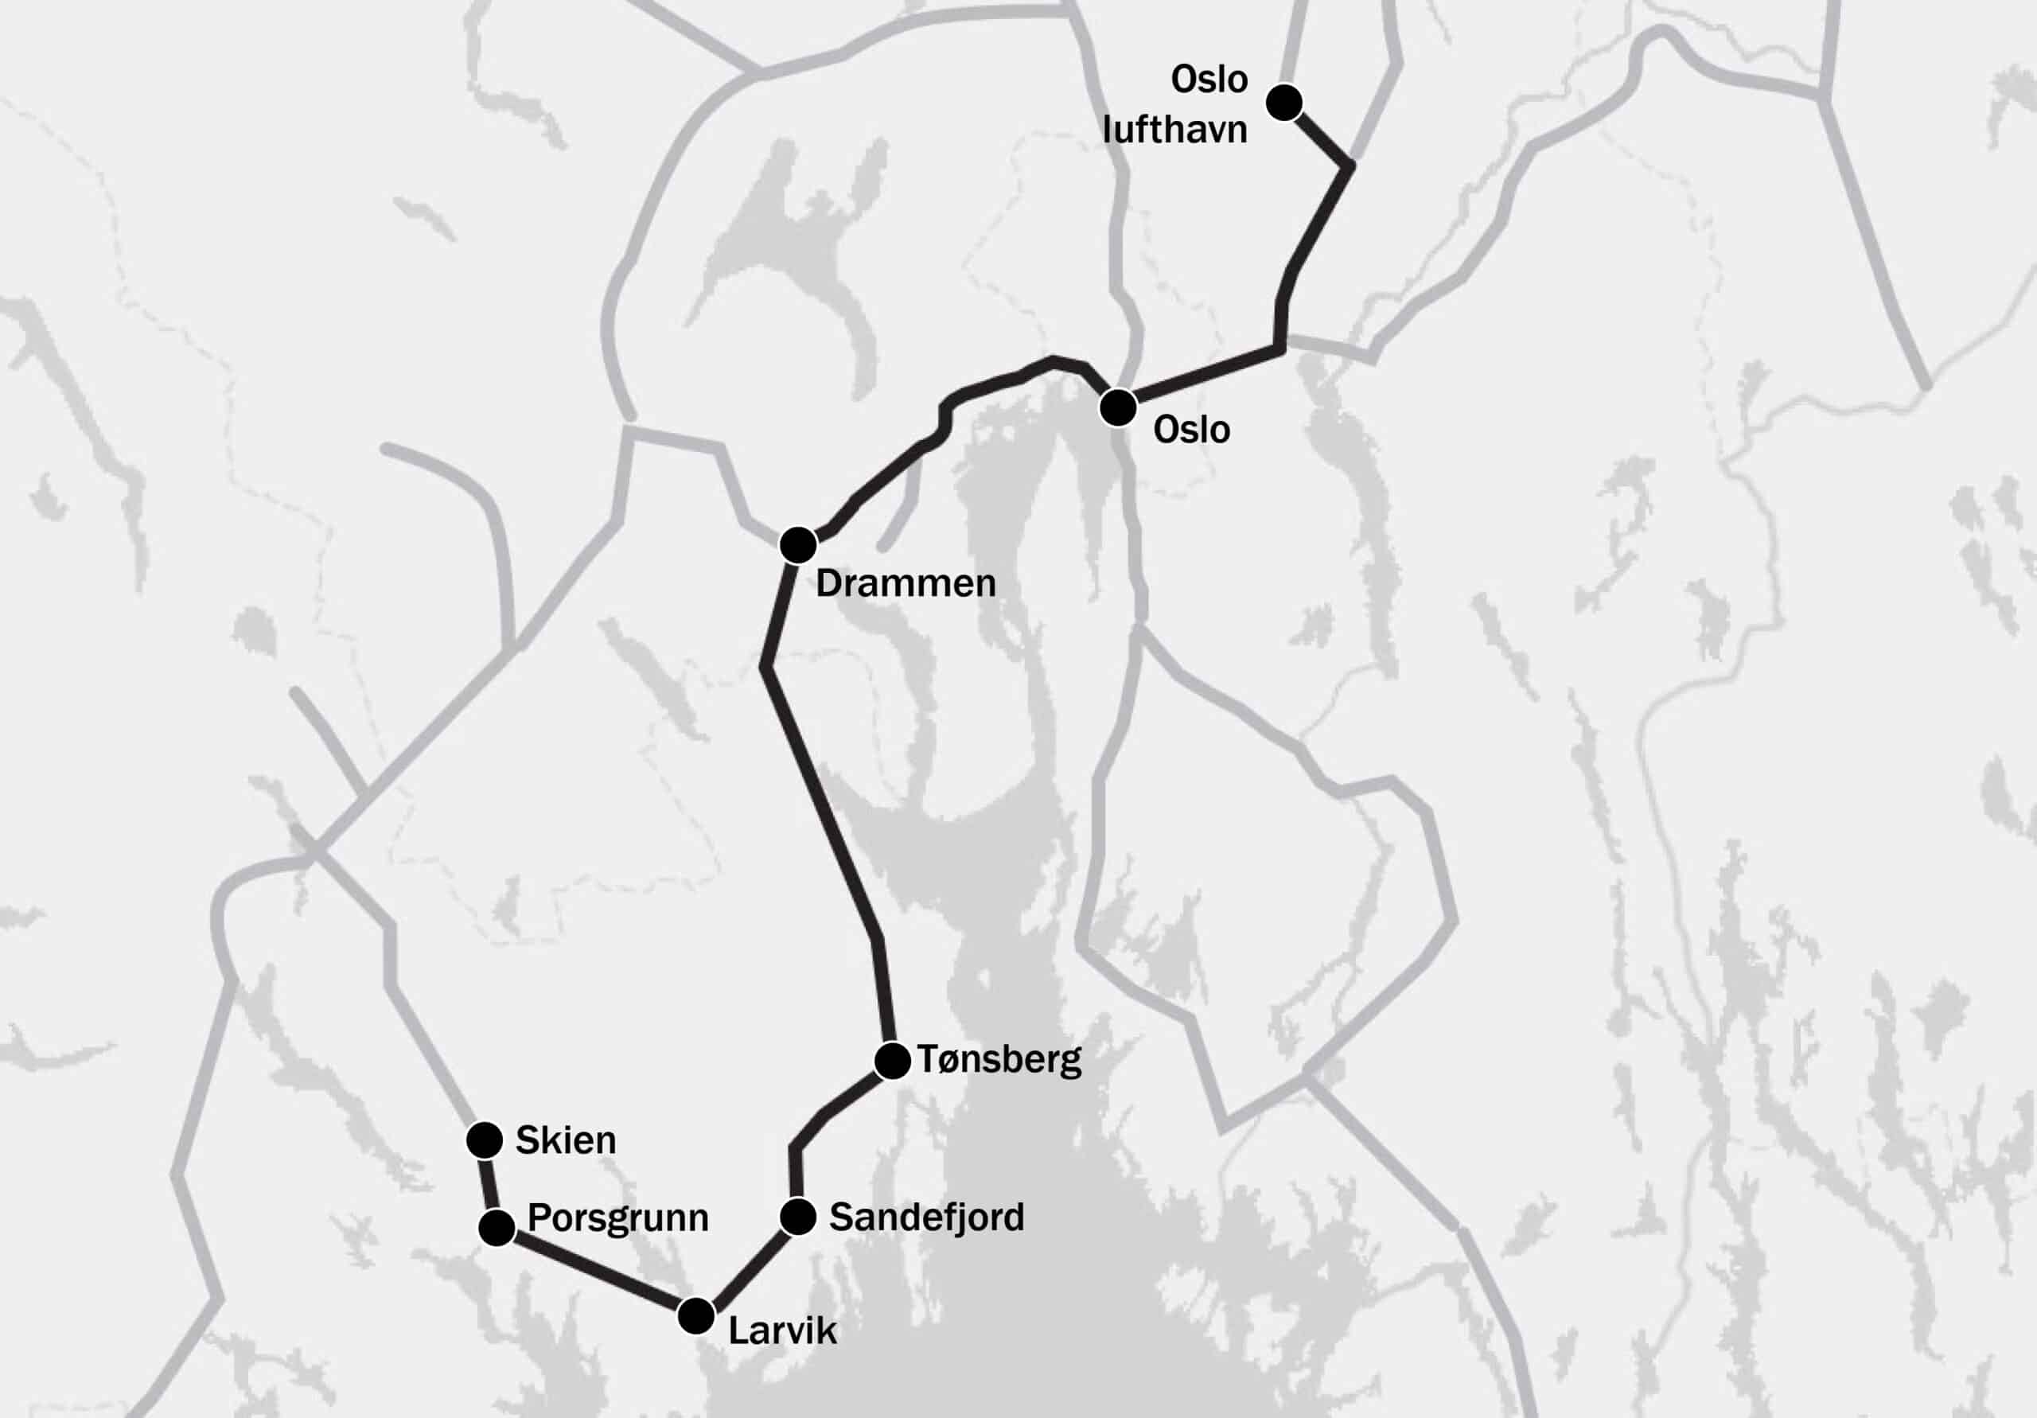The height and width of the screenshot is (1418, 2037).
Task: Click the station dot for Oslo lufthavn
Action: click(x=1283, y=103)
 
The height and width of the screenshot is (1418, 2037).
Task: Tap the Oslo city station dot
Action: click(x=1118, y=408)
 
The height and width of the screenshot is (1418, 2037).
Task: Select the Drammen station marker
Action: click(x=797, y=545)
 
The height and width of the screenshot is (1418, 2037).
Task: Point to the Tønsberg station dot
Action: click(x=892, y=1062)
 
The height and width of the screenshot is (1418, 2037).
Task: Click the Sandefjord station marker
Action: click(x=797, y=1217)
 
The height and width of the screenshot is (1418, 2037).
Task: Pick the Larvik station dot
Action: click(x=695, y=1315)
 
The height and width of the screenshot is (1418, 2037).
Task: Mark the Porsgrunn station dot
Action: click(x=497, y=1228)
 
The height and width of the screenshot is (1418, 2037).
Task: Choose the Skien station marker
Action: click(x=485, y=1140)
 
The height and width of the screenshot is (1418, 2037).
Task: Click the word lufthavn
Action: click(x=1174, y=130)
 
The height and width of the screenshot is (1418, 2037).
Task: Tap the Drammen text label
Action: click(x=905, y=583)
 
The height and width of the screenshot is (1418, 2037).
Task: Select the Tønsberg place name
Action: click(x=1000, y=1059)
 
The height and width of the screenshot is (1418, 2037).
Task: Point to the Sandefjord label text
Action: click(x=926, y=1217)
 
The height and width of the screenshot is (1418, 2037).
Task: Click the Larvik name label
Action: click(x=781, y=1330)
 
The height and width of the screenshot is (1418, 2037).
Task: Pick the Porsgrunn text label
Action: click(x=617, y=1218)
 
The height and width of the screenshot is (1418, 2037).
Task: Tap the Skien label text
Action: click(x=565, y=1140)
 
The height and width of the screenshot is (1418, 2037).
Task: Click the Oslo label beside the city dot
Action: click(x=1190, y=430)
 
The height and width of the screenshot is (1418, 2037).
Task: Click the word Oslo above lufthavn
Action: click(x=1209, y=79)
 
